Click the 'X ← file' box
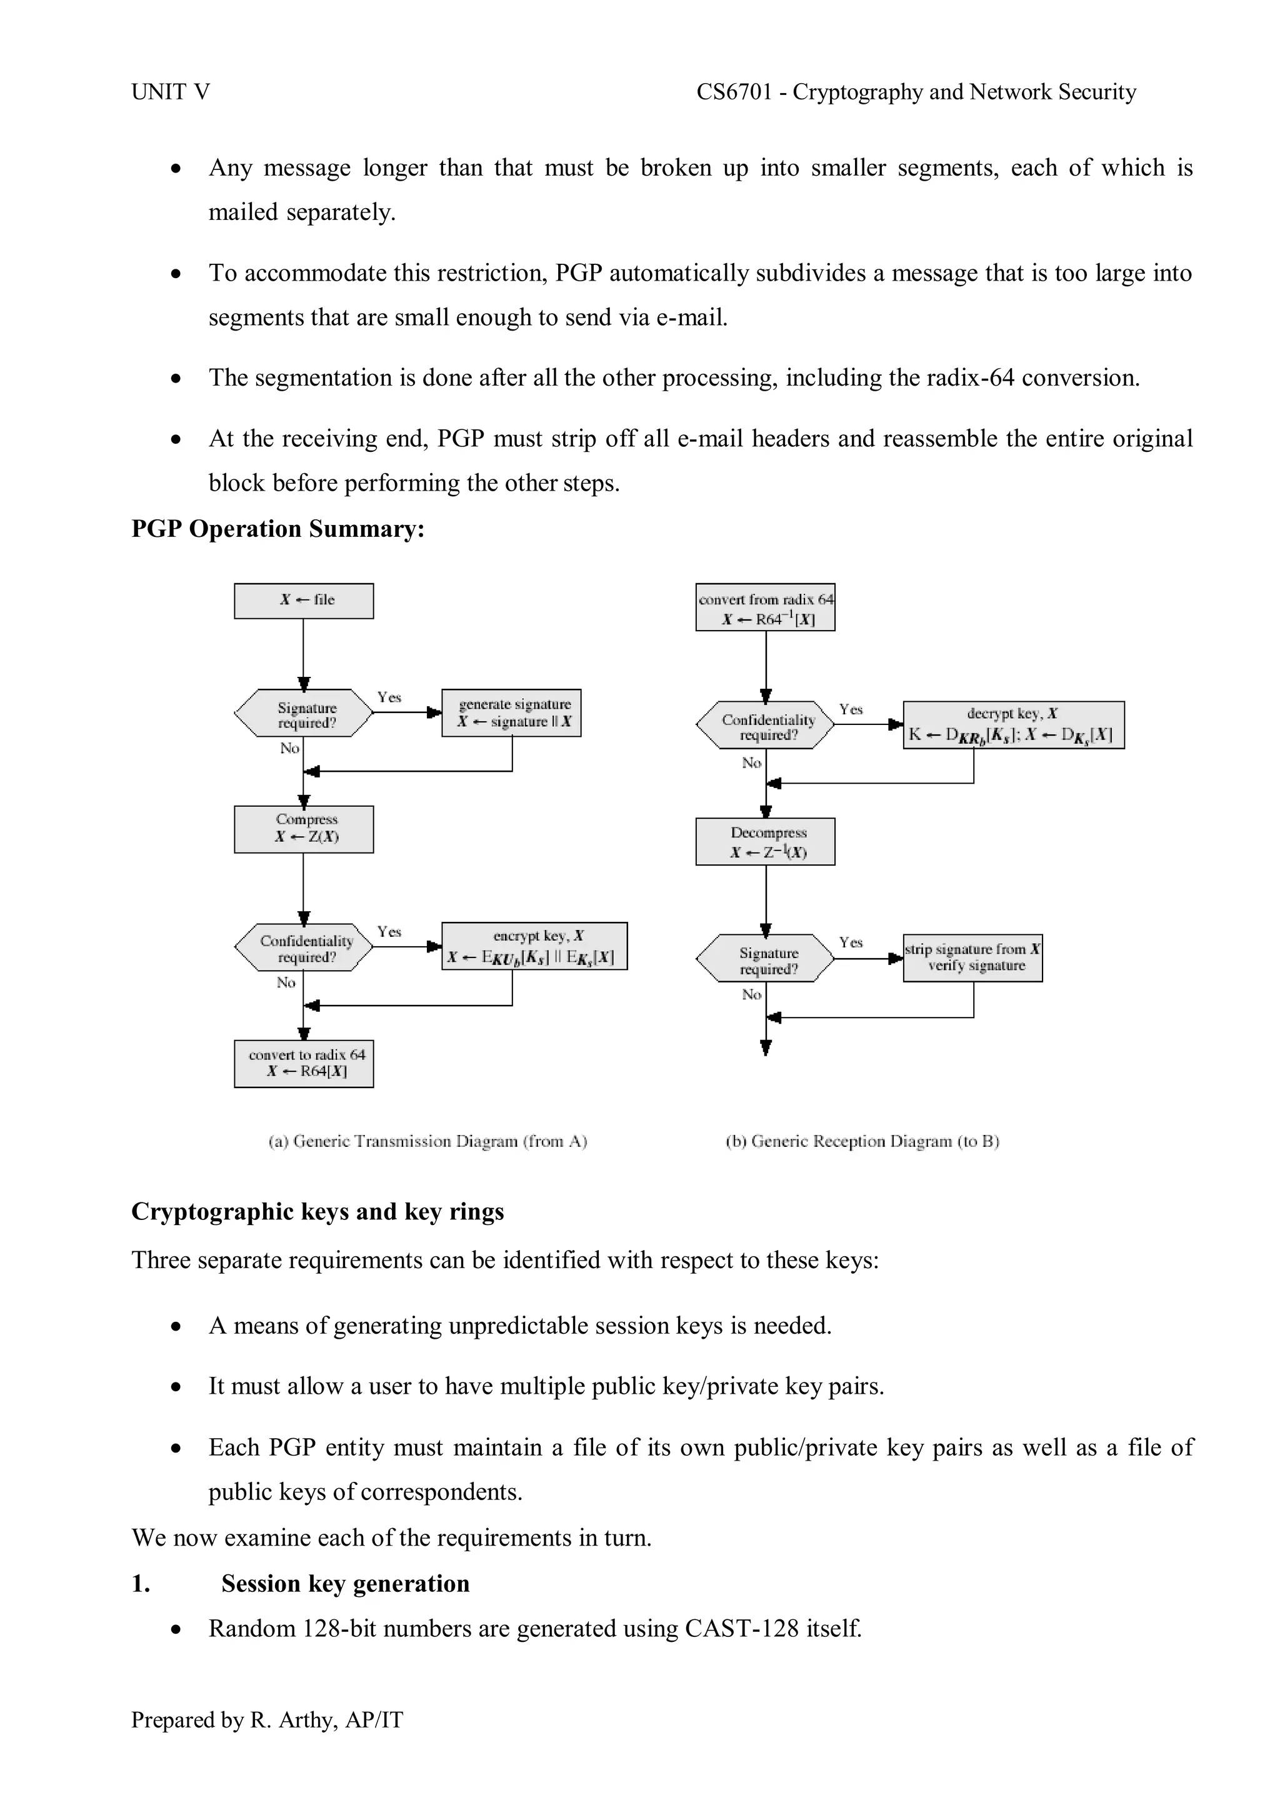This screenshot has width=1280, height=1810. point(304,601)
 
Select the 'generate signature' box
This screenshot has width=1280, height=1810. point(511,712)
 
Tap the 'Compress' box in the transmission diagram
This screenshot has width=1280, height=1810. point(304,829)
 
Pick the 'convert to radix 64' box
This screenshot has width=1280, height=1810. point(304,1064)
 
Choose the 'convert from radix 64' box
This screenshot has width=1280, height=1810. point(764,607)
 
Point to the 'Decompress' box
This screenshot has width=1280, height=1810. point(764,842)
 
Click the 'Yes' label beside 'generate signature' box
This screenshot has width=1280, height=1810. point(389,697)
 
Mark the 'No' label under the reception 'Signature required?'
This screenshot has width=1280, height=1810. point(751,995)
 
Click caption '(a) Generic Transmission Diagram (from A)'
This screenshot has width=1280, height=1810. point(428,1141)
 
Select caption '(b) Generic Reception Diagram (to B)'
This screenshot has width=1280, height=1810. point(862,1141)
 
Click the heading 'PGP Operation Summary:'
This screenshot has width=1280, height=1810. point(277,529)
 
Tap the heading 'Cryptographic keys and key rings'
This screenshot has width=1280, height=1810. point(317,1212)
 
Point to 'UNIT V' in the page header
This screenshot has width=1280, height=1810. point(170,92)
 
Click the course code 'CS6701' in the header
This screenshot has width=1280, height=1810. point(734,92)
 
